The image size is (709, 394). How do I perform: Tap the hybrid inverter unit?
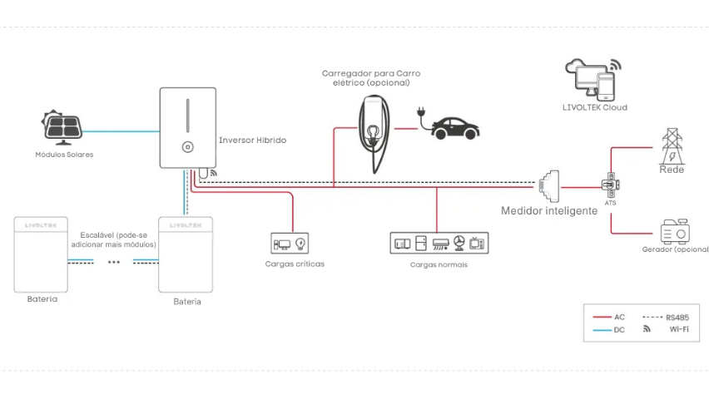point(187,128)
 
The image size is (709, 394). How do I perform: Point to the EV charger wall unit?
point(374,133)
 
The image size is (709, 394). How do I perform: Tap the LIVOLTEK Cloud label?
point(594,107)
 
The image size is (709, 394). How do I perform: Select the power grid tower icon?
point(671,146)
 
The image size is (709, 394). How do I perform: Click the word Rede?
point(672,169)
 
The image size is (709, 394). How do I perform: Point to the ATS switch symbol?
point(610,184)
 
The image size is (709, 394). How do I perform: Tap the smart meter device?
point(550,187)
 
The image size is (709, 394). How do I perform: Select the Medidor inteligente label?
point(548,211)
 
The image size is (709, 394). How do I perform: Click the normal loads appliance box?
point(439,244)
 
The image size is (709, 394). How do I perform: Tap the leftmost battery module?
point(41,254)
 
